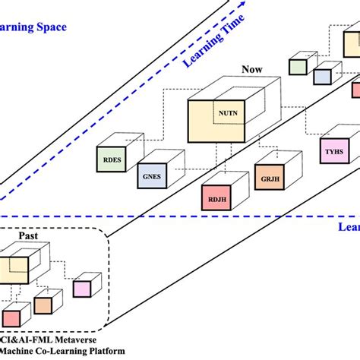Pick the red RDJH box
coord(214,200)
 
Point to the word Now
coord(251,69)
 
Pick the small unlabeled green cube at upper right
coord(298,67)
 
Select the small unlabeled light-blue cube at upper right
coord(322,76)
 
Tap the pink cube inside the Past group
coord(81,289)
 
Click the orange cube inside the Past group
coord(43,305)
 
